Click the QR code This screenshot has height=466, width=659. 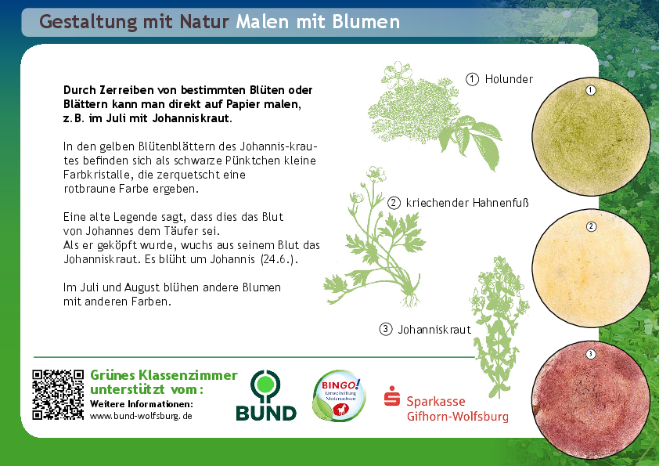(x=58, y=395)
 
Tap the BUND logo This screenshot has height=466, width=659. (x=266, y=396)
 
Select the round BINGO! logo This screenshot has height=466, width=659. (x=339, y=396)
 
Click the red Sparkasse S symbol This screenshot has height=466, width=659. (x=391, y=396)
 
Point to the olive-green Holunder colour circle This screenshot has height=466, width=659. (x=591, y=136)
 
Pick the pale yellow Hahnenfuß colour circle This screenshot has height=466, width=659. (x=591, y=268)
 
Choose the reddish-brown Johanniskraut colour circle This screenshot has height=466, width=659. (x=591, y=399)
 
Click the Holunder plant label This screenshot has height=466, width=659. (x=509, y=79)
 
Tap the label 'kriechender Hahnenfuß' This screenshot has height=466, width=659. (x=467, y=203)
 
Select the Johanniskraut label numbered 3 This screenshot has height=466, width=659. (x=434, y=329)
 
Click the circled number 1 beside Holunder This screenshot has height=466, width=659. (x=472, y=79)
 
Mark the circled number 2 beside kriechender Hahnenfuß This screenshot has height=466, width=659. (x=394, y=203)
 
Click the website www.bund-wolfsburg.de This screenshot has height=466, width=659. (x=141, y=416)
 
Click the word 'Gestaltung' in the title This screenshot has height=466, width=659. (x=88, y=22)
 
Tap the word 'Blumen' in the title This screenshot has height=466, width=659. (x=366, y=21)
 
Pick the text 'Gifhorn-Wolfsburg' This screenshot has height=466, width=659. (x=457, y=417)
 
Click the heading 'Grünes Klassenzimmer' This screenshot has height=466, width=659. (x=164, y=374)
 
